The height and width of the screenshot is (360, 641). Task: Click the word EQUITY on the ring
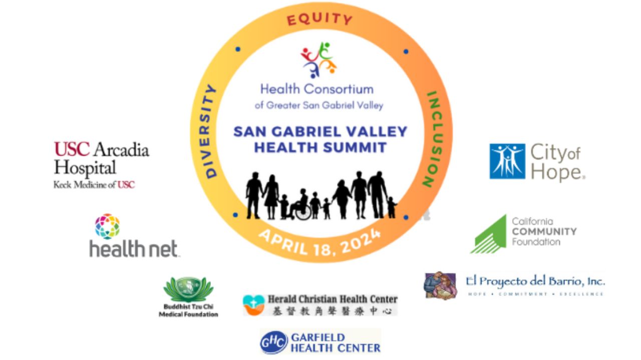click(319, 20)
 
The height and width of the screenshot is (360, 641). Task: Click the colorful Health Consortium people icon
click(318, 59)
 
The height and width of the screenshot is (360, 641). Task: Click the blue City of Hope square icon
click(507, 161)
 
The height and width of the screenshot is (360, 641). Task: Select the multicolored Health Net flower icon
click(108, 226)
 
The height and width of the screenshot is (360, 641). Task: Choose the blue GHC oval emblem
click(273, 342)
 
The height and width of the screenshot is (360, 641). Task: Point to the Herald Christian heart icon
click(253, 304)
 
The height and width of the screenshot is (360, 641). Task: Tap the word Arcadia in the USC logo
click(121, 150)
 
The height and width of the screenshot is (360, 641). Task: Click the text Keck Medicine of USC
click(94, 185)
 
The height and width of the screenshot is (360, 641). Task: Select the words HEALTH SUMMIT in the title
click(320, 148)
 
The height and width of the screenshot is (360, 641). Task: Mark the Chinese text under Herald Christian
click(333, 311)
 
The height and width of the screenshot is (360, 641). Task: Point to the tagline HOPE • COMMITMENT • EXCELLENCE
click(535, 294)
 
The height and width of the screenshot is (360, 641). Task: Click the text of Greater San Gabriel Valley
click(319, 106)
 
